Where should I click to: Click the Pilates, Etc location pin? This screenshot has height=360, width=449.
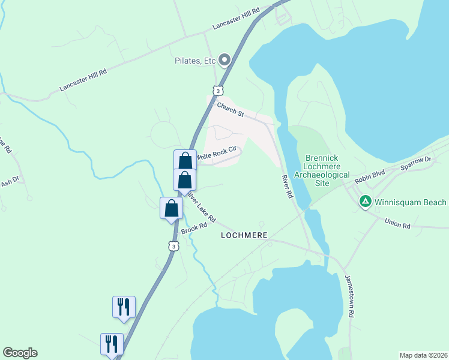click(x=224, y=59)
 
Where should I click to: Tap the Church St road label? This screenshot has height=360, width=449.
click(x=231, y=110)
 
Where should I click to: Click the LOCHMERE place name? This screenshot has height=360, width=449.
click(x=244, y=235)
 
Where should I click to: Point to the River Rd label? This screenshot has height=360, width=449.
click(x=288, y=187)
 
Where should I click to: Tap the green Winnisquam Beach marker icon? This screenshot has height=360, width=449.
click(x=364, y=202)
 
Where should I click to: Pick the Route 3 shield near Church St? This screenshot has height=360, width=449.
click(x=218, y=91)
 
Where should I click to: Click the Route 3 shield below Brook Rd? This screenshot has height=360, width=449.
click(x=173, y=246)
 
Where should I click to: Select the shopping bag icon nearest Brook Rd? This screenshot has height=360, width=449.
click(x=172, y=208)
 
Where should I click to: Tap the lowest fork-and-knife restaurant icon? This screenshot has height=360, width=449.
click(x=112, y=344)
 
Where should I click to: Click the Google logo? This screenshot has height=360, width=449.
click(x=20, y=353)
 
